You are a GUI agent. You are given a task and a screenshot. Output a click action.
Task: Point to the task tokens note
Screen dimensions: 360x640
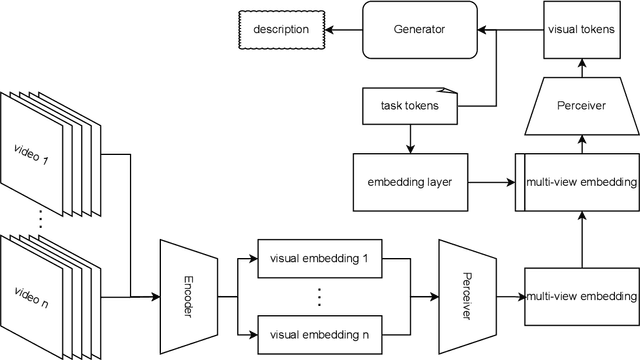click(407, 103)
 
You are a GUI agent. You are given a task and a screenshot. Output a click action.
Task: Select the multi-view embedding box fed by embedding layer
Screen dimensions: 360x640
click(578, 182)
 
